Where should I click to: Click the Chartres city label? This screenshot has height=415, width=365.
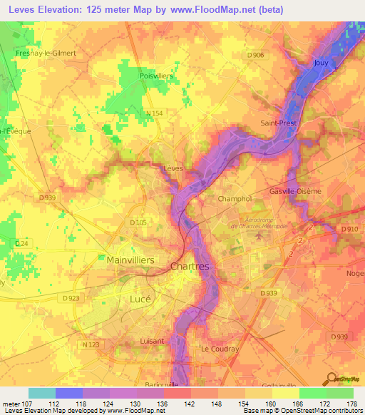click(190, 266)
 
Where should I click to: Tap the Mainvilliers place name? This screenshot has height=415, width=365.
click(130, 260)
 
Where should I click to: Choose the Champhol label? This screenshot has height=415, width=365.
click(235, 198)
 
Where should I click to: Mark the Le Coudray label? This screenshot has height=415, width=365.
click(215, 349)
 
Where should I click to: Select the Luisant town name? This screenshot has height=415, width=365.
click(152, 341)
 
